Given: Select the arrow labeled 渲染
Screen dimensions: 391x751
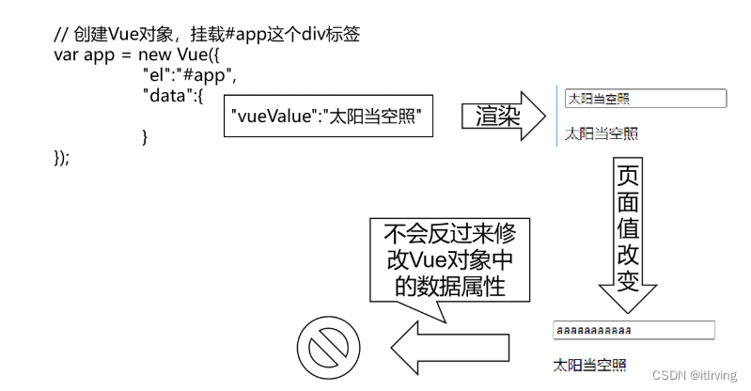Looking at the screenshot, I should (504, 117).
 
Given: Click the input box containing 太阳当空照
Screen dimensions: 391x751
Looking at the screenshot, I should (646, 99).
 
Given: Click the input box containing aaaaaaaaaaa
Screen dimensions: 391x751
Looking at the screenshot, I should (634, 330).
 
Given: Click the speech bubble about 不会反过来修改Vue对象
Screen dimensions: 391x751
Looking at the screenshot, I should (443, 260).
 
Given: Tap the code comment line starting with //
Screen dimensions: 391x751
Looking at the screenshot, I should (208, 35).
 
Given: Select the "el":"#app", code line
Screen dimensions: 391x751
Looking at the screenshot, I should (189, 74).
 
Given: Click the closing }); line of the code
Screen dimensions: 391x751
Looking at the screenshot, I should (62, 157).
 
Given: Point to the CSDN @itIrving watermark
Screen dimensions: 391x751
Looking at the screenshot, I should (693, 375).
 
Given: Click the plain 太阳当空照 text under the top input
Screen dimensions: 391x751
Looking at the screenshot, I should (602, 133).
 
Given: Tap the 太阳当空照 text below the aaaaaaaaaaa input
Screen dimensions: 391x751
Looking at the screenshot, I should (589, 365).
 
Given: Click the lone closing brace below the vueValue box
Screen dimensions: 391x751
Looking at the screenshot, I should (145, 137).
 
